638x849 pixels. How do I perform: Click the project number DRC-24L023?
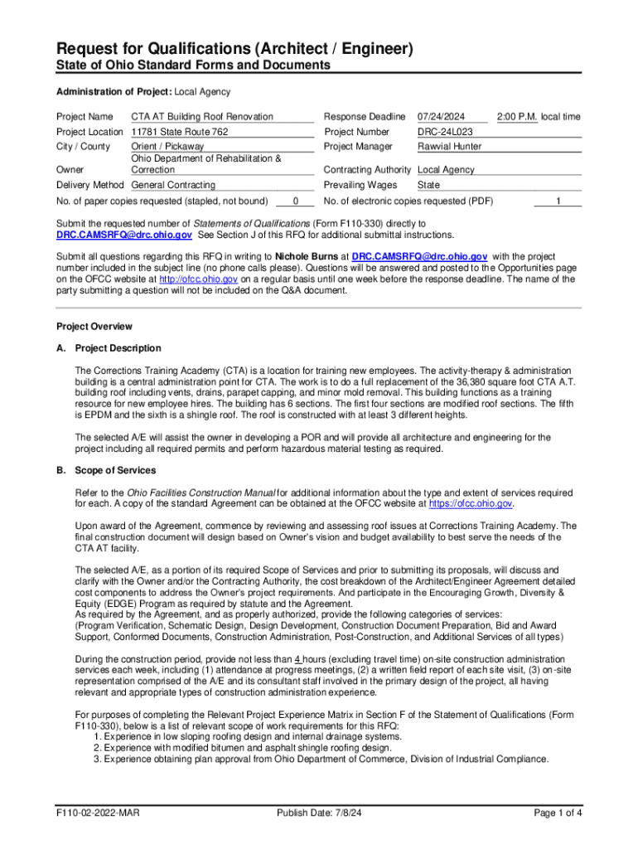[445, 132]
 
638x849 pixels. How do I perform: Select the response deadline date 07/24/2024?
[441, 117]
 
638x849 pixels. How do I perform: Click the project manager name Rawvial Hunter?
[449, 147]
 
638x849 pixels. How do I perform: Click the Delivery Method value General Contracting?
[173, 185]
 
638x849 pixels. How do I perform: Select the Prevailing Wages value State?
[428, 185]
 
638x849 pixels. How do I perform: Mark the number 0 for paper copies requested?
[296, 201]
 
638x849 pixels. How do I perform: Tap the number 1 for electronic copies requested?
[558, 201]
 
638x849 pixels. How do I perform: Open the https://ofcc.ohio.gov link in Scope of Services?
[471, 504]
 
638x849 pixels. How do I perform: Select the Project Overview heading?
[94, 327]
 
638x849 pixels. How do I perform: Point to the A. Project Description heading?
[109, 348]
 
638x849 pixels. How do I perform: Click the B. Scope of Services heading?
[105, 471]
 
